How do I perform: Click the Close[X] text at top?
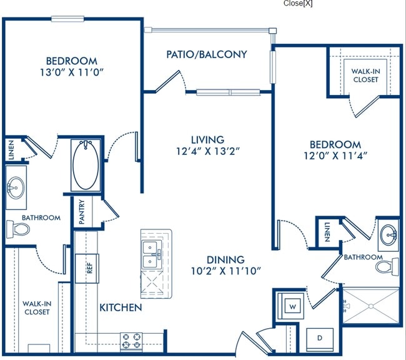298,3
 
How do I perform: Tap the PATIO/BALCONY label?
206,54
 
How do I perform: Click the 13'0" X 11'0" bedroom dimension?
72,72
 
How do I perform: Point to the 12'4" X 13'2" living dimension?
207,151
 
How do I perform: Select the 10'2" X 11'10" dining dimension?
225,271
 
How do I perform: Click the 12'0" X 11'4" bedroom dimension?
335,156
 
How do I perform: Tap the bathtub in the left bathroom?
86,166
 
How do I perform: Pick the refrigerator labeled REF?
87,268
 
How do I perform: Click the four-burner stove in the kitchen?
131,341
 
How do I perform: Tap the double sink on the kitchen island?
151,254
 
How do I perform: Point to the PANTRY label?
82,211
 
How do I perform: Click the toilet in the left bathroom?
18,229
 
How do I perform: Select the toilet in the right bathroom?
387,267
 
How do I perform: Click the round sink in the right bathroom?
389,236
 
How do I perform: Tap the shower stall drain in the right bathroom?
371,306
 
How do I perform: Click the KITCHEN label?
121,307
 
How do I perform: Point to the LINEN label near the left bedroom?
11,150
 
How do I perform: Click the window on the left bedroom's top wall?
67,19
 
